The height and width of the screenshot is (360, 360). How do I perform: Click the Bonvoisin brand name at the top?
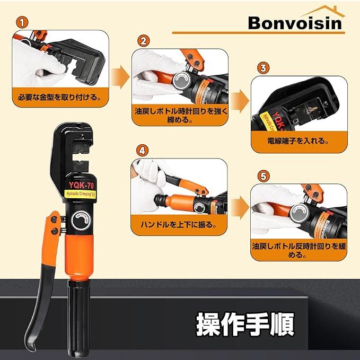coord(295,23)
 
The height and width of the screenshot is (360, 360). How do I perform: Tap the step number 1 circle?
coord(22,23)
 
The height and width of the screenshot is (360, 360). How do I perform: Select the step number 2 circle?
coord(144,41)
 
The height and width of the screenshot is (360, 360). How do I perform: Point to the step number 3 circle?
coord(263,68)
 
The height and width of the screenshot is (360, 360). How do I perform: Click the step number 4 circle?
coord(142,151)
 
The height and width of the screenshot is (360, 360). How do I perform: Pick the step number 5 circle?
coord(263,177)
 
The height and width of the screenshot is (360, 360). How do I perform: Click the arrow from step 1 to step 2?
coord(120,77)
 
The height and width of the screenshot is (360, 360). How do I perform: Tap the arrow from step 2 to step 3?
coord(240,101)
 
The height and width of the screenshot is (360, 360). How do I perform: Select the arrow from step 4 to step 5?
coord(240,207)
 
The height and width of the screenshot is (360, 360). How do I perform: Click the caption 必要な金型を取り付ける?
coord(60,97)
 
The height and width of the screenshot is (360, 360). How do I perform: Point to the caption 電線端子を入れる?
coord(298,141)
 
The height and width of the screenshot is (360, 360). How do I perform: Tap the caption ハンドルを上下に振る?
coord(179,224)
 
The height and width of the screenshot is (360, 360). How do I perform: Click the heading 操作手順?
coord(245,324)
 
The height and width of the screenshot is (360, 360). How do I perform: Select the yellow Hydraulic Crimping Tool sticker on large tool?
coord(80,194)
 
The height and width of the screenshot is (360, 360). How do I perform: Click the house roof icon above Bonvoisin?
coord(324,11)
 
